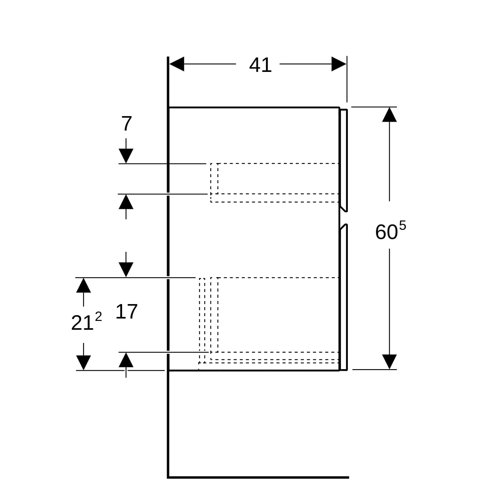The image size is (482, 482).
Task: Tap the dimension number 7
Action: click(127, 124)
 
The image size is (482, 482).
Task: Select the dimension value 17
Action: click(127, 312)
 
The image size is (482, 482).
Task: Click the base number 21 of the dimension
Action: click(82, 323)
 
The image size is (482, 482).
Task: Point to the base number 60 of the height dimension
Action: click(386, 232)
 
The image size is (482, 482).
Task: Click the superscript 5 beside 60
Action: click(402, 226)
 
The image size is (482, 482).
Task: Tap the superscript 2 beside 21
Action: click(98, 317)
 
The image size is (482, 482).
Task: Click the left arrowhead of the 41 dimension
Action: click(177, 64)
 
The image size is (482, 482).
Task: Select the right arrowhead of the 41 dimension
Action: click(339, 64)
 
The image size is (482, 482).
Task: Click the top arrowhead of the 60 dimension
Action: click(390, 114)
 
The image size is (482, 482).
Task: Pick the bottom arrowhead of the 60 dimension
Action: click(390, 361)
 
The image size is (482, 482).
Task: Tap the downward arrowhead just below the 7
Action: click(126, 156)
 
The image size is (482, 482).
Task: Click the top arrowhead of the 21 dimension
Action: click(84, 286)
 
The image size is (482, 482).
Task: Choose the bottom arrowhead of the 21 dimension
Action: click(84, 363)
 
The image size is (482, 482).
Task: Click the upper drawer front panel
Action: click(343, 160)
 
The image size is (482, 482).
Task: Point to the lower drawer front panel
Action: click(343, 297)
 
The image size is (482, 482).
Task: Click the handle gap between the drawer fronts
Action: click(344, 218)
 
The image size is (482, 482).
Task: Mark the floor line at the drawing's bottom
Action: click(258, 478)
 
